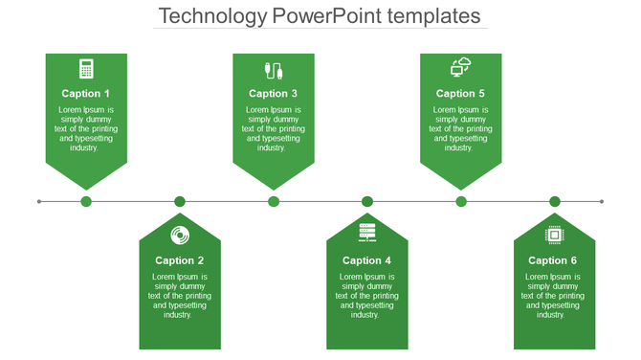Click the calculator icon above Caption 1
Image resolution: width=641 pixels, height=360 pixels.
click(86, 69)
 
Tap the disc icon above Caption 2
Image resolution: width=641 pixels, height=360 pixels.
click(179, 235)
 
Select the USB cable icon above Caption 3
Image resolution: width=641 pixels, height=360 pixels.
click(274, 70)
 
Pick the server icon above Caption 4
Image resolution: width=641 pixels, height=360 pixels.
click(367, 233)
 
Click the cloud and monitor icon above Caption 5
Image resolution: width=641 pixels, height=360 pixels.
click(461, 67)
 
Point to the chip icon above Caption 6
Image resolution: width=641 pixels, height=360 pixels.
click(554, 235)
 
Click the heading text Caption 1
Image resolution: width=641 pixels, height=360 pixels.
click(86, 94)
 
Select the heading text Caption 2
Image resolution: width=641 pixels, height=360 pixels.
click(180, 260)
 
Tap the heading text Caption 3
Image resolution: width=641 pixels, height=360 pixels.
click(274, 94)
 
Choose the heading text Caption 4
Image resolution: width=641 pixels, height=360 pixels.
click(367, 260)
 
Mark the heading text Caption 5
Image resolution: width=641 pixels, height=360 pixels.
click(461, 94)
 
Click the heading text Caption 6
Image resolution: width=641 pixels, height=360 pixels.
click(554, 260)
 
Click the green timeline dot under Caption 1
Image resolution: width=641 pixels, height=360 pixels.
click(86, 201)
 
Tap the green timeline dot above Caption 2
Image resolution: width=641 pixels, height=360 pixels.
click(180, 201)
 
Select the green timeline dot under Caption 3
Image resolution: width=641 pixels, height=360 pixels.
click(274, 201)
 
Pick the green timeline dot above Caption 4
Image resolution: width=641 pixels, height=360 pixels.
click(367, 201)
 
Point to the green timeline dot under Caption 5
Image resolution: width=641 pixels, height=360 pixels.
click(461, 201)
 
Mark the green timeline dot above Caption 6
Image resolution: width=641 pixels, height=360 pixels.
click(555, 201)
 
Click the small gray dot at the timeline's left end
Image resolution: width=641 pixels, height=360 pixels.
click(39, 201)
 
